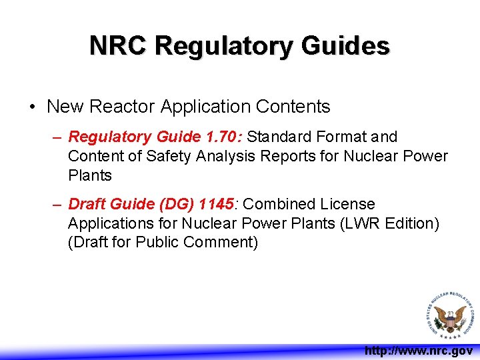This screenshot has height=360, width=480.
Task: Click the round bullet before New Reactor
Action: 33,107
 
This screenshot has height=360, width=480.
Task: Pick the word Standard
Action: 281,137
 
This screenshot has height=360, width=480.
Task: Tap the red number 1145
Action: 217,204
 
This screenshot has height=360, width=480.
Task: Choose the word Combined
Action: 280,204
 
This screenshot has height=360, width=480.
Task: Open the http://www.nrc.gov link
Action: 419,351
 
